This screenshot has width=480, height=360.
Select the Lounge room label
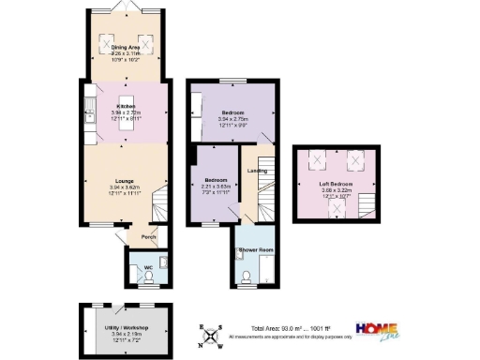click(125, 180)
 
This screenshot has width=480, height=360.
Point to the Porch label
click(147, 237)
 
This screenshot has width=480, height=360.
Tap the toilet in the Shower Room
click(246, 275)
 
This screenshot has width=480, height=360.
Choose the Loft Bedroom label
click(335, 184)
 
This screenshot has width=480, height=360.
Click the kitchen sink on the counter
click(88, 116)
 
